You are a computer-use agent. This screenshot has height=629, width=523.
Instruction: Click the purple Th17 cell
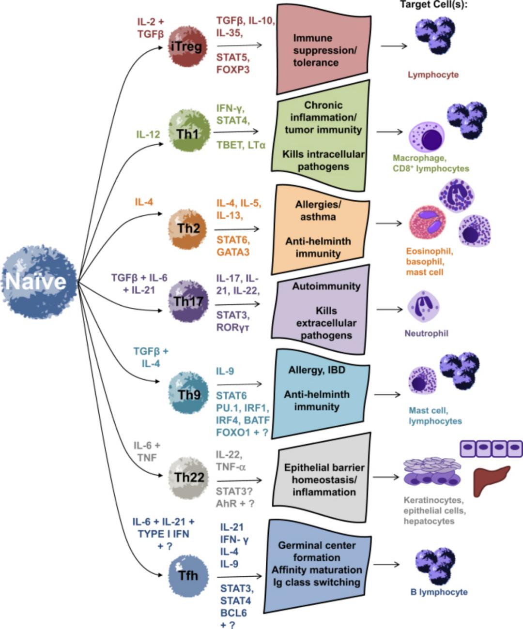[x=188, y=301]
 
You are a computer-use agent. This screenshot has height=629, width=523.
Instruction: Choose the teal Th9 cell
[x=189, y=394]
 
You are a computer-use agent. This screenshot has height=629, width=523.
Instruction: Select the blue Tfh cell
[x=188, y=575]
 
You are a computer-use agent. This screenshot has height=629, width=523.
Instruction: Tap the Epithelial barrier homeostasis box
[x=323, y=479]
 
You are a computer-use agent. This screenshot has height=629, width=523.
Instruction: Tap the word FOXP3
[x=233, y=70]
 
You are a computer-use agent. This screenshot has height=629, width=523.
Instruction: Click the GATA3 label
[x=233, y=252]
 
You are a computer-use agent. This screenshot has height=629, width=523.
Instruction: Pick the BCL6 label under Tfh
[x=233, y=613]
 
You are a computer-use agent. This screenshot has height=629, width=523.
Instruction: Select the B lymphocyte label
[x=439, y=592]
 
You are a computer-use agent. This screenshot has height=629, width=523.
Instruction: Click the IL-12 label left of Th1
[x=148, y=134]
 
